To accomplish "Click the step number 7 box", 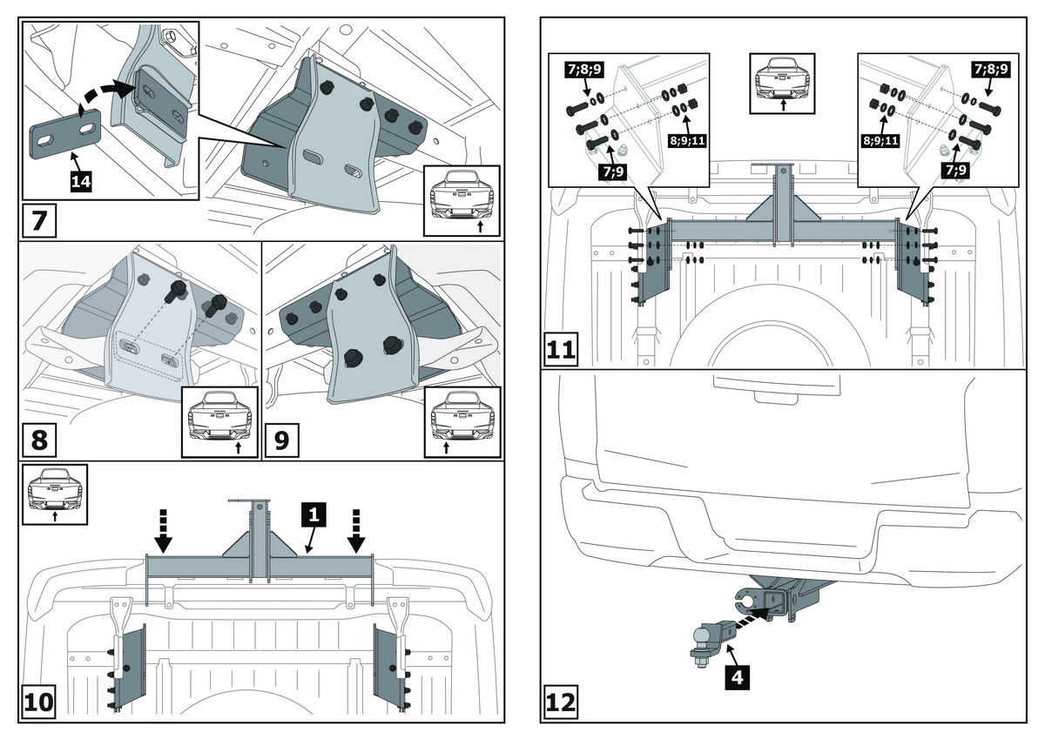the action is tap(39, 220).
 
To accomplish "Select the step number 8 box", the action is tap(39, 440).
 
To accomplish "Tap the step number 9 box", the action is tap(282, 440).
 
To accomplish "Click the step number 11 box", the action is tap(561, 349).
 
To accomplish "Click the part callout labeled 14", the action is tap(81, 181).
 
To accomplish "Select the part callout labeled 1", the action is tap(313, 514).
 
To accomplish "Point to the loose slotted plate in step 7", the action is tap(66, 134).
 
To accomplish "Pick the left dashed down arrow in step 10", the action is tap(163, 532).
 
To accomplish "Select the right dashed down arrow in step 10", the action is tap(356, 532).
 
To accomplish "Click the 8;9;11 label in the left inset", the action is tap(687, 140).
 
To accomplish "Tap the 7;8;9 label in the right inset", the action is tap(991, 70).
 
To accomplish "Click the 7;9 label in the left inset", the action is tap(613, 171).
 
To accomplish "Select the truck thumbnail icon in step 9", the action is tap(462, 422).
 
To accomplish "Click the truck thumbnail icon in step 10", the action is tap(55, 494).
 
